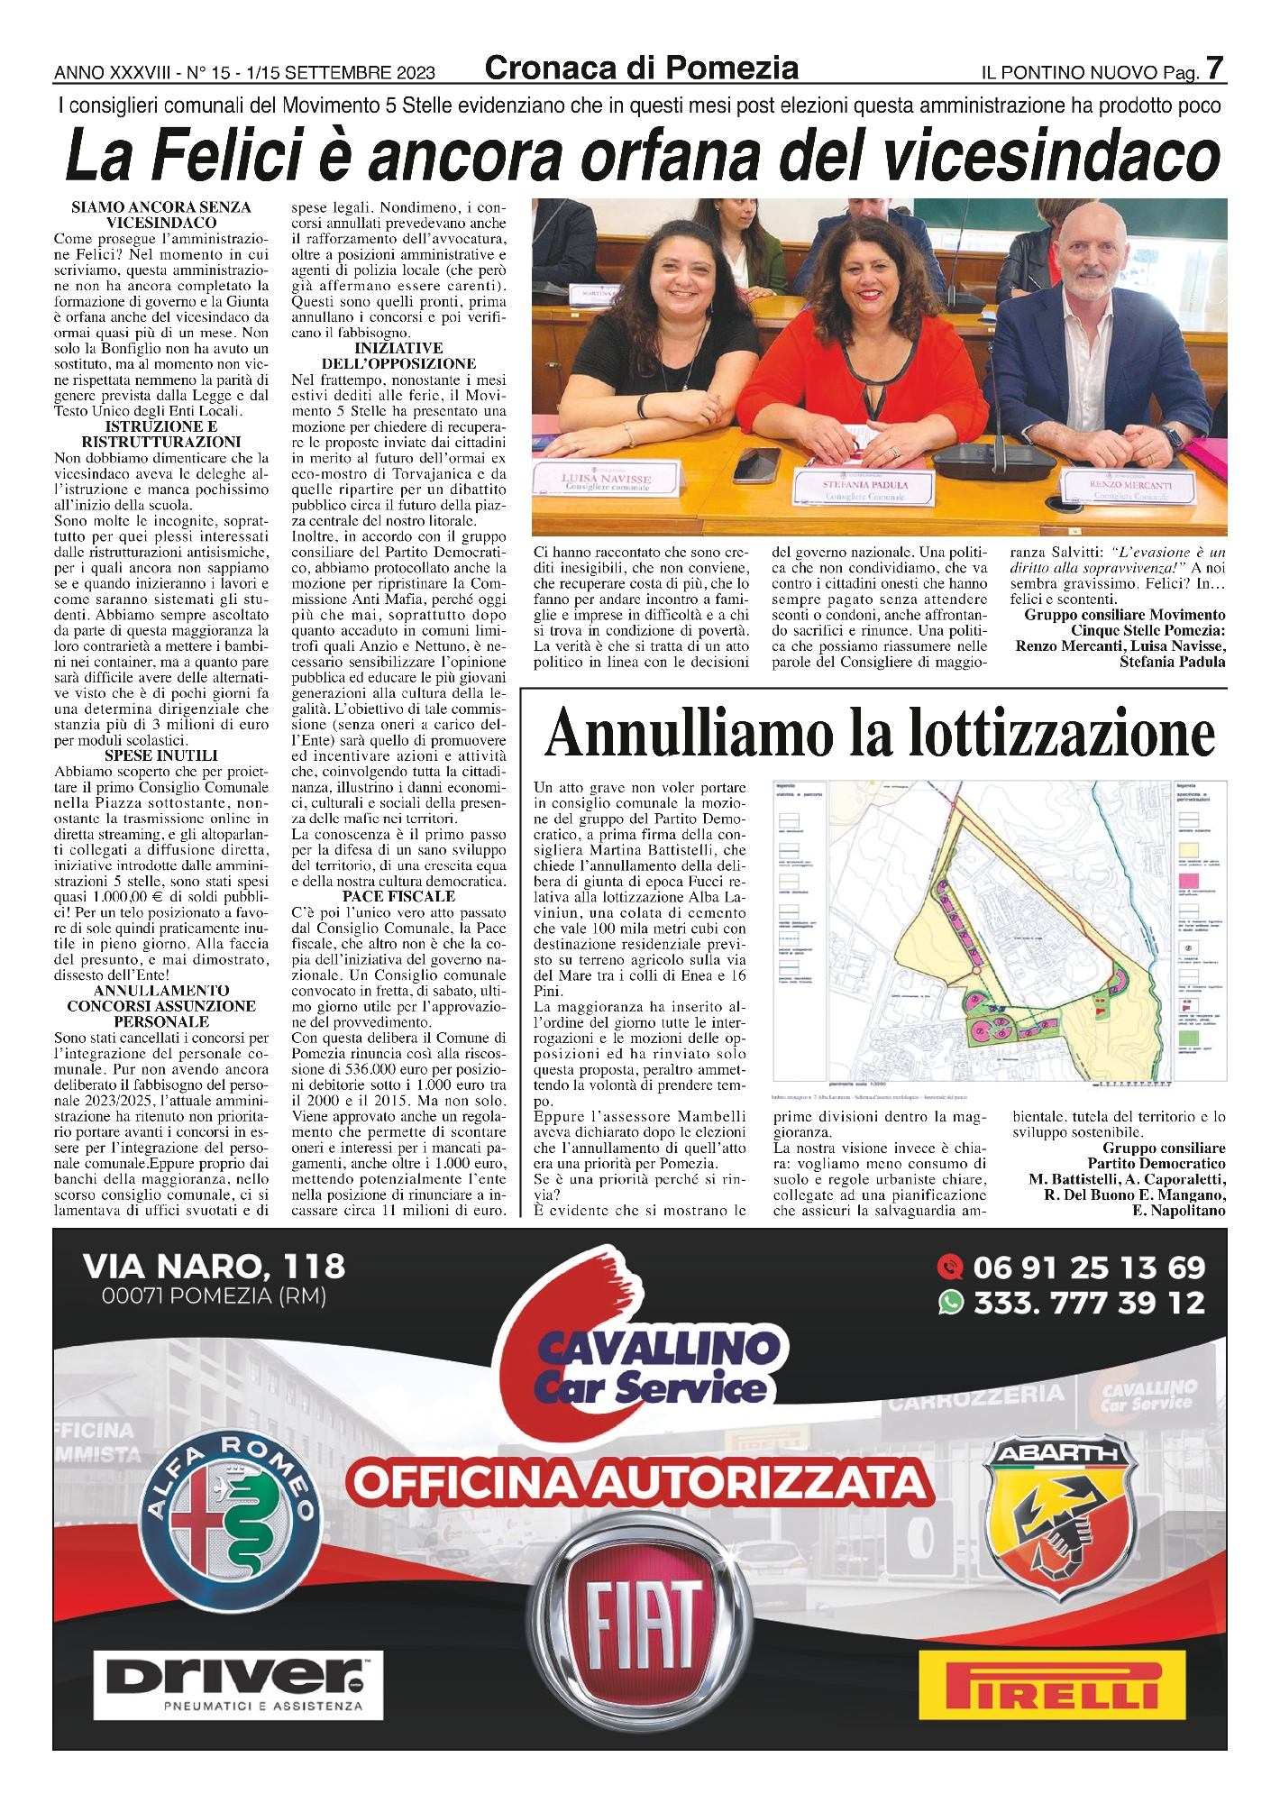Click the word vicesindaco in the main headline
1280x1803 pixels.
click(1053, 155)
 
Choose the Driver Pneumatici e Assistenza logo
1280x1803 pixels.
click(239, 1684)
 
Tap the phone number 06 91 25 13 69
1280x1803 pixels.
click(1089, 1268)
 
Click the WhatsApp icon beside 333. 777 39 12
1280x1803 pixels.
click(950, 1303)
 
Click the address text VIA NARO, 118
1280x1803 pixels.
click(214, 1267)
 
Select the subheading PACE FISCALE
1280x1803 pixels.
click(398, 896)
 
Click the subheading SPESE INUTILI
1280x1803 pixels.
click(160, 755)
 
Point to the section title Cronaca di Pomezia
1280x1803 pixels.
click(641, 68)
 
